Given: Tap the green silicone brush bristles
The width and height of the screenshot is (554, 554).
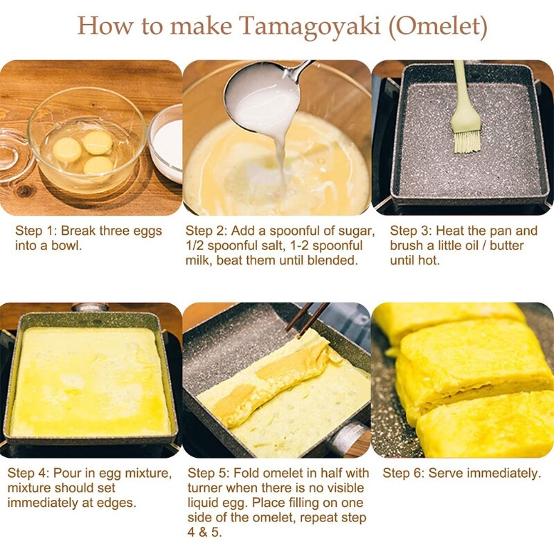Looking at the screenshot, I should [467, 138].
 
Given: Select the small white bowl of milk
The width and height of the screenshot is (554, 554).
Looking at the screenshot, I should [166, 142].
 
